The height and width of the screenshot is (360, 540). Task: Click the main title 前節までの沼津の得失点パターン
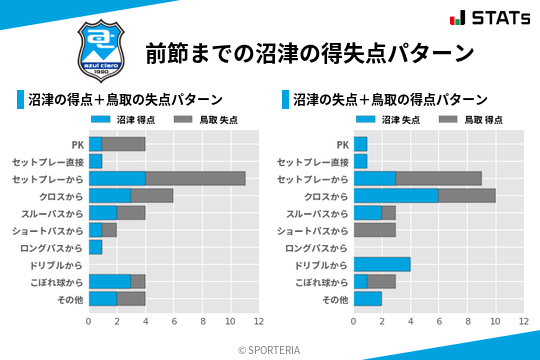309,52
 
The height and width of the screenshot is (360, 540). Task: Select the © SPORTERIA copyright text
270,350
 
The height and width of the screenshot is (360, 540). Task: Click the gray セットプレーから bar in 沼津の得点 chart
195,178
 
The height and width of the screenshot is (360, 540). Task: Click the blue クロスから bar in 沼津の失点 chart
396,195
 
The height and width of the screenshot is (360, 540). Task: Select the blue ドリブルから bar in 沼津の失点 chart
382,264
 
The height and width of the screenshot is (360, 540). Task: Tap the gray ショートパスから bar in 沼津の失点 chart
375,230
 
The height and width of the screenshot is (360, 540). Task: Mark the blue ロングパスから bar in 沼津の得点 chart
96,247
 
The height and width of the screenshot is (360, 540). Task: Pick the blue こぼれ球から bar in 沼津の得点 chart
110,281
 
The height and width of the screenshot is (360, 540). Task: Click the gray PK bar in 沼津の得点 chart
124,144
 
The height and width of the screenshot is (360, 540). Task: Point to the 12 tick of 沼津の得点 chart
259,322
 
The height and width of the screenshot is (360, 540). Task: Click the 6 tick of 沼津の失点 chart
439,322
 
